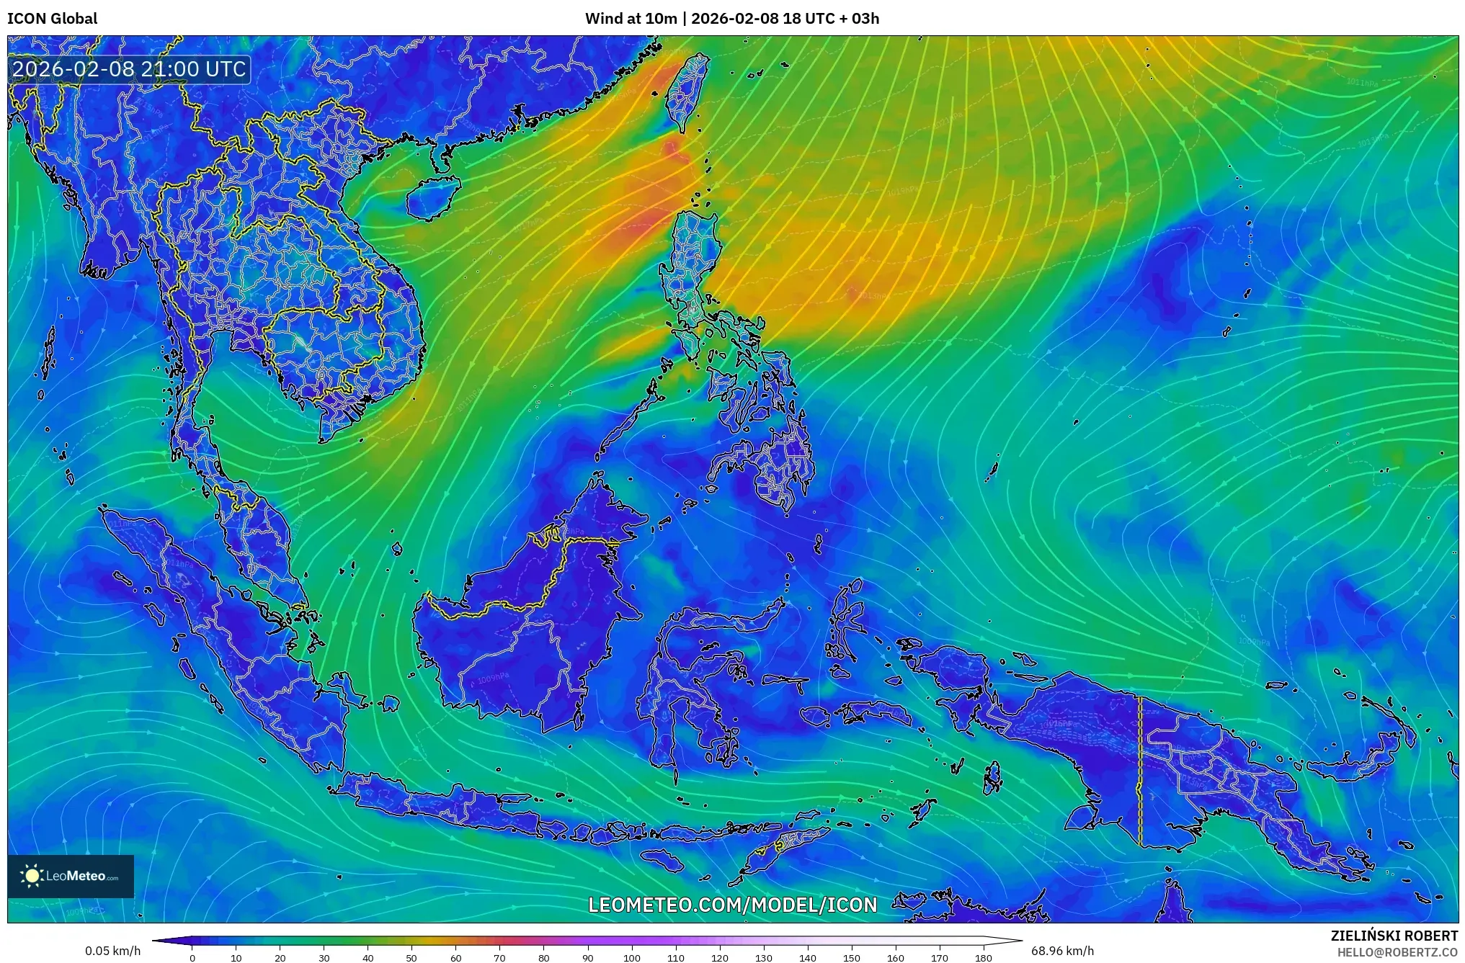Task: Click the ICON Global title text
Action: [x=52, y=18]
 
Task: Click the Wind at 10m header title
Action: [x=732, y=18]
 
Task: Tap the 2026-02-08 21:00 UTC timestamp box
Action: [x=130, y=69]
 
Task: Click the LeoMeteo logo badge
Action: [x=71, y=876]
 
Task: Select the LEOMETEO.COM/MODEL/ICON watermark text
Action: [x=733, y=905]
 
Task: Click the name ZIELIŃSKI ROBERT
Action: [x=1394, y=936]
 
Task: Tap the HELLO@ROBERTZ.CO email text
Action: [x=1397, y=951]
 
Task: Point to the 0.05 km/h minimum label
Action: [x=112, y=951]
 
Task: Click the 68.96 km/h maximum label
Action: [x=1062, y=951]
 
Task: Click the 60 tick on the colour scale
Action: [x=455, y=957]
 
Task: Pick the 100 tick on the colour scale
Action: [x=631, y=957]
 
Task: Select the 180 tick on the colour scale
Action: [x=983, y=957]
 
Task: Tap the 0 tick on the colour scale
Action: [x=192, y=957]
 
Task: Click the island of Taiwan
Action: [x=685, y=94]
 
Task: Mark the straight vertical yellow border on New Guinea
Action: [x=1140, y=771]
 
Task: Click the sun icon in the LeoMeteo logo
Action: [x=32, y=876]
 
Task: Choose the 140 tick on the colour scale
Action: [x=807, y=957]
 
